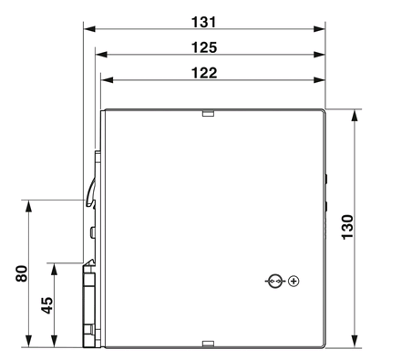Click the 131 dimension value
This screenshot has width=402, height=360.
point(204,22)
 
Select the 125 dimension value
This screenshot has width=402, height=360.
point(204,47)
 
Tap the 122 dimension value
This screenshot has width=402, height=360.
point(204,73)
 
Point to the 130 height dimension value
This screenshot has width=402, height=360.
point(347,227)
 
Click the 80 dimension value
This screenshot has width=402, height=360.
point(22,273)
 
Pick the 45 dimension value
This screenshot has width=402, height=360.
point(46,305)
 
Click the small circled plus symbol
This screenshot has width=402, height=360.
point(294,281)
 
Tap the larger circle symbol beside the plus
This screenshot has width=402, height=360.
point(275,281)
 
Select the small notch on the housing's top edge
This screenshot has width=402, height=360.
point(208,114)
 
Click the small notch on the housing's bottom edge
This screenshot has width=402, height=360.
point(208,344)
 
